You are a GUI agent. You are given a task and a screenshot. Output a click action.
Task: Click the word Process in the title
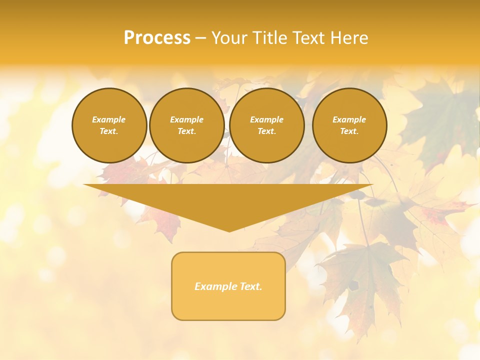tap(157, 38)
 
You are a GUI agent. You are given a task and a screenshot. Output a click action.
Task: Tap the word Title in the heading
tap(269, 38)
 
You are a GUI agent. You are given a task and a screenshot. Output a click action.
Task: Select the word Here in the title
tap(349, 38)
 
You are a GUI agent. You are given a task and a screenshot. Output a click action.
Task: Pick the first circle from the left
tap(109, 125)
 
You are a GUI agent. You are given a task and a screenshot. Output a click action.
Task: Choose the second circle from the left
tap(186, 125)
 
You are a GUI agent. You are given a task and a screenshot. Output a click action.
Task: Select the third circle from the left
tap(266, 125)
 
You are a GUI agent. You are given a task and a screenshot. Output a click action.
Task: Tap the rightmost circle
tap(349, 125)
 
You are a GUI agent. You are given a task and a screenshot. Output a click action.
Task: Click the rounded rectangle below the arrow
tap(228, 286)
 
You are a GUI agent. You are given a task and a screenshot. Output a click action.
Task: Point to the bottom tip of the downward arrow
tap(229, 231)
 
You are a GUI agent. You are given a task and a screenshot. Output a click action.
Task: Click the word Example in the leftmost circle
tap(109, 119)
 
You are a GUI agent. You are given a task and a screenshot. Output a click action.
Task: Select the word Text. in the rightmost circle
tap(349, 131)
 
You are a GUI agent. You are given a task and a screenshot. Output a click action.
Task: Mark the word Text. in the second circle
tap(186, 131)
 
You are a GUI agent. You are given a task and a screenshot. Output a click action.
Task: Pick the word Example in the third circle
tap(266, 119)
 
